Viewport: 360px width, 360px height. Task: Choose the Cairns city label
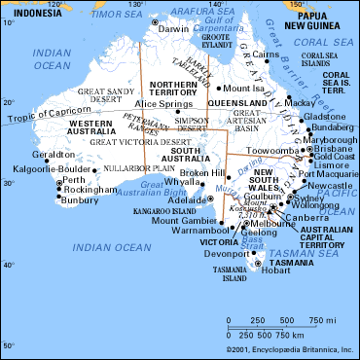click(x=266, y=55)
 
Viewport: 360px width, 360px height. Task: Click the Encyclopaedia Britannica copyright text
click(x=290, y=347)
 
